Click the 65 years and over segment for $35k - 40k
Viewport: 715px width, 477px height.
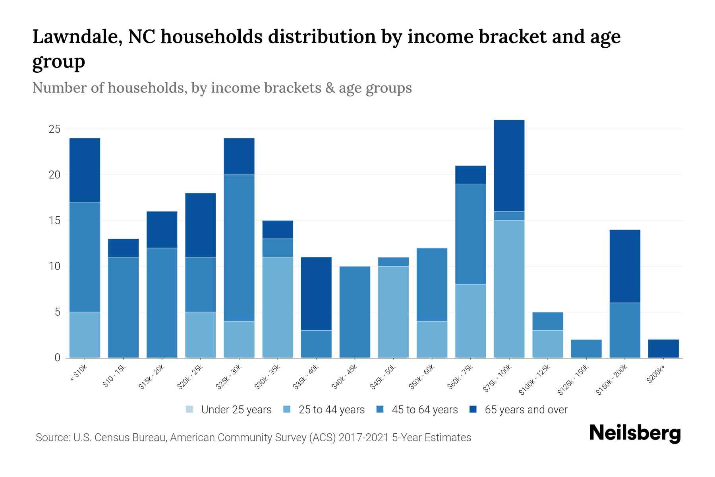point(316,293)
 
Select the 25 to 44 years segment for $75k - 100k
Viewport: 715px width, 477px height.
point(509,289)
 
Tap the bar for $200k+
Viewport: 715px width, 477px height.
point(663,349)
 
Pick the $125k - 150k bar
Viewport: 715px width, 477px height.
point(586,349)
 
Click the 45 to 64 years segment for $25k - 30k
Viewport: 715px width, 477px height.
point(239,248)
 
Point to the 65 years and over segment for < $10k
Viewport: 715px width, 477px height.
point(85,170)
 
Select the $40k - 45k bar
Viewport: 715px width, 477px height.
point(355,312)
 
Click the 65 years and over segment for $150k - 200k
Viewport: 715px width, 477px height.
point(624,266)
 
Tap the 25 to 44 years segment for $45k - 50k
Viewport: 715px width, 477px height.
point(393,312)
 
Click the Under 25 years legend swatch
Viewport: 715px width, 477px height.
point(190,409)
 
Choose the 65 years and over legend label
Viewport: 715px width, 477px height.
point(526,410)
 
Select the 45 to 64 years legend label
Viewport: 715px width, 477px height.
point(425,410)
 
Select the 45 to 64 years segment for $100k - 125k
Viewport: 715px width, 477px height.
point(547,321)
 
